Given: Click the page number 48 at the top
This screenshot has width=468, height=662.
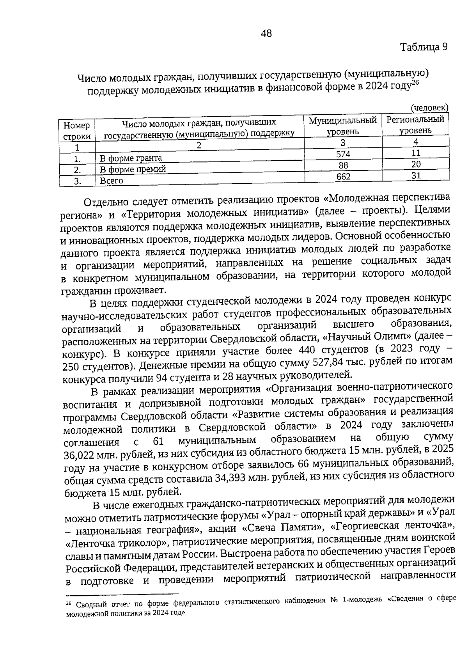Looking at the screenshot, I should point(266,34).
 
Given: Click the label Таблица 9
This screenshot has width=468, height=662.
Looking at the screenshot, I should point(424,47).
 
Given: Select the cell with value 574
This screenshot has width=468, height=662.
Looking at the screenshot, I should point(343,154).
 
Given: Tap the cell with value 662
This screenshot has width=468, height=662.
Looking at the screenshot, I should point(343,177).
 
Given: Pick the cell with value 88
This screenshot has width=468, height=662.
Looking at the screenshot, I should point(343,165).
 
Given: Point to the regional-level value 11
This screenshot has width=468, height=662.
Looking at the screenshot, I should point(416,153).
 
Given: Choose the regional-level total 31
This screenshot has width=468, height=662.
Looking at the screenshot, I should point(416,176).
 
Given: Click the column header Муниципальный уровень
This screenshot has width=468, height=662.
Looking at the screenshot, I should point(343,126).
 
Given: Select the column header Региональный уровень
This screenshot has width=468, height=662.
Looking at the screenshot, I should point(415,124).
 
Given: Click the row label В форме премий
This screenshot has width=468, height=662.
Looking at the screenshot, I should point(133,169).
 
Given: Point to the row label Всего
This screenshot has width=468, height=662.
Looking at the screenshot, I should point(111,181).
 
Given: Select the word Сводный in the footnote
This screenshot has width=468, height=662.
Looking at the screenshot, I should point(90,605).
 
